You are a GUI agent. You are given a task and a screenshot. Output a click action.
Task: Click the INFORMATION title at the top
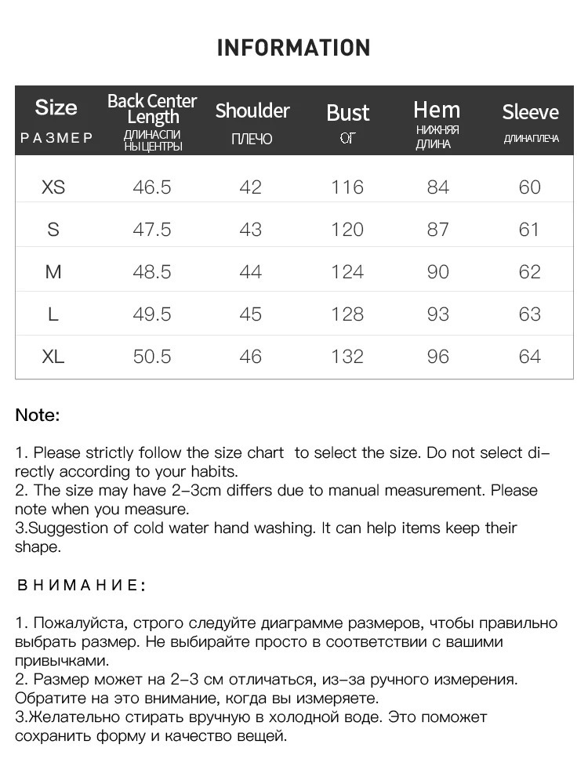point(293,48)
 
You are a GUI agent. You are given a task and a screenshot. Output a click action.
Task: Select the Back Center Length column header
point(152,109)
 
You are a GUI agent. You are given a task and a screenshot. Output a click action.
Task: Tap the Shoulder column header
point(252,111)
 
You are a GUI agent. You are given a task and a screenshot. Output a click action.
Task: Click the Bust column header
point(347,113)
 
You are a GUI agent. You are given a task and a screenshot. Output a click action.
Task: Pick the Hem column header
point(437,110)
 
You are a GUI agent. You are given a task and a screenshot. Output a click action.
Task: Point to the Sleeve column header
point(530,112)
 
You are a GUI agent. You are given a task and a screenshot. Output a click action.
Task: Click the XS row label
point(53,187)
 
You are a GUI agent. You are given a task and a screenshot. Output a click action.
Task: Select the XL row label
point(53,357)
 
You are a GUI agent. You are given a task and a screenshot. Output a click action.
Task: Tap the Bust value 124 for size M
point(347,272)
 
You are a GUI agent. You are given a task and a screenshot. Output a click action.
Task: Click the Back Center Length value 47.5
point(152,230)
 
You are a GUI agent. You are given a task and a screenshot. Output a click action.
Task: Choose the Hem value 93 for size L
point(437,314)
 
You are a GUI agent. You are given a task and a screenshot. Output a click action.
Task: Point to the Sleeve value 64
point(530,357)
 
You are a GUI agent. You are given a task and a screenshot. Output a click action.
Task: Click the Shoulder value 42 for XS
point(251,187)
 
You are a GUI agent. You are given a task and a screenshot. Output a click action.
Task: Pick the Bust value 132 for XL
point(347,357)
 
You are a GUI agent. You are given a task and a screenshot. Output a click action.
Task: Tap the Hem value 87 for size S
point(437,230)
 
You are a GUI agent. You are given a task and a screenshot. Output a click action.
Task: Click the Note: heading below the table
point(38,416)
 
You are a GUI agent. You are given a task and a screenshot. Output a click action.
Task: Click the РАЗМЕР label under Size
point(56,139)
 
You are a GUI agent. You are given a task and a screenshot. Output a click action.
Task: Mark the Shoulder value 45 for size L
point(251,314)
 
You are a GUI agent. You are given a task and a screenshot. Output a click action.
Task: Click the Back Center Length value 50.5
point(152,357)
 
